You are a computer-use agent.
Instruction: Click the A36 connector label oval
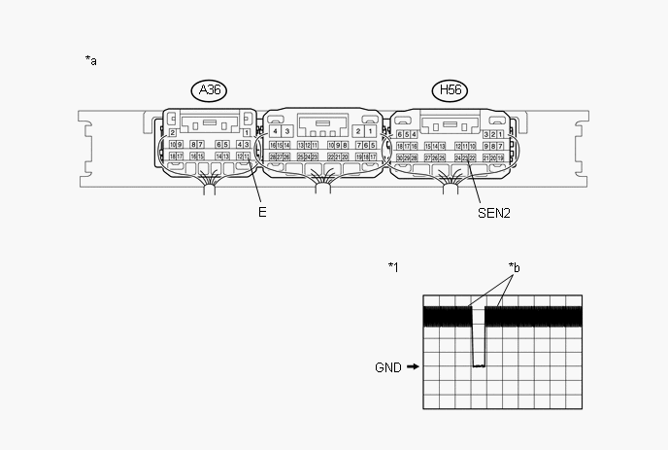208,91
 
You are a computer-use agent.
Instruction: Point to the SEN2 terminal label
495,211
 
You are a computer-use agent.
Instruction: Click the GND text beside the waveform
388,367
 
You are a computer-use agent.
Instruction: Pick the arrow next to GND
413,367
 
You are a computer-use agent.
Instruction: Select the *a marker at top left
91,61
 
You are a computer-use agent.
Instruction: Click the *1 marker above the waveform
393,266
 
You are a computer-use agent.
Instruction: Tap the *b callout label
515,266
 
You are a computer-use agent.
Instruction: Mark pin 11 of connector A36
247,156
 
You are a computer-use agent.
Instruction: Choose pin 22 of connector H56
473,156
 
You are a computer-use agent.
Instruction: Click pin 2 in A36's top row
172,132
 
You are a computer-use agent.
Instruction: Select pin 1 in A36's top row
247,132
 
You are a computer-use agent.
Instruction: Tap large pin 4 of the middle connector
276,130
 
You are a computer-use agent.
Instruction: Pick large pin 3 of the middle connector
287,130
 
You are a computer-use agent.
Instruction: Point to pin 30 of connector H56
399,156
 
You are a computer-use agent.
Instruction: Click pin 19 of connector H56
501,156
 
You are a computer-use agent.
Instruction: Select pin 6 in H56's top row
401,134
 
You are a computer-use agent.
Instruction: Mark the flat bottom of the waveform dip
478,365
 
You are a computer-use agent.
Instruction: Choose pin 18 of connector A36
172,156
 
